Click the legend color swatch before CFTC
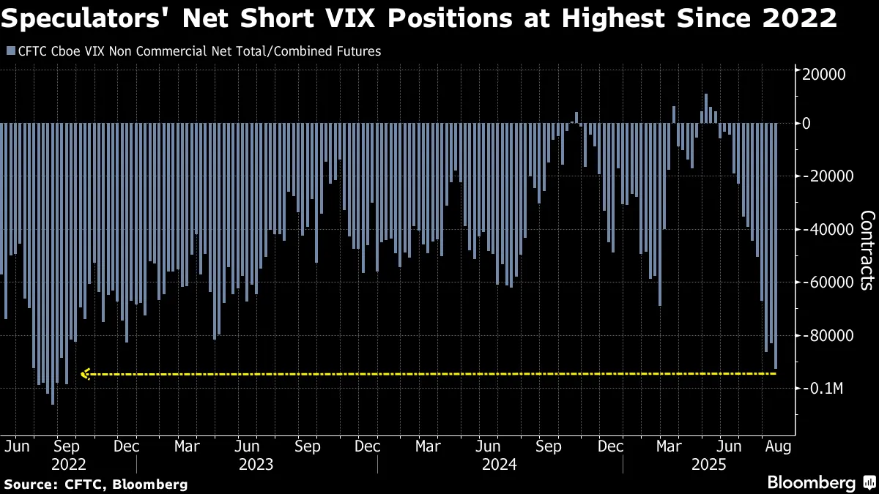pyautogui.click(x=10, y=51)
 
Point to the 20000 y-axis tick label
pyautogui.click(x=826, y=74)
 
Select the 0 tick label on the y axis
pyautogui.click(x=806, y=124)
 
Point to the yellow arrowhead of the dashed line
pyautogui.click(x=84, y=375)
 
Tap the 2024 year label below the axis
pyautogui.click(x=500, y=464)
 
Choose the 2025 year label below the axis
pyautogui.click(x=708, y=464)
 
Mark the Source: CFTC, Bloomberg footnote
pyautogui.click(x=96, y=484)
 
